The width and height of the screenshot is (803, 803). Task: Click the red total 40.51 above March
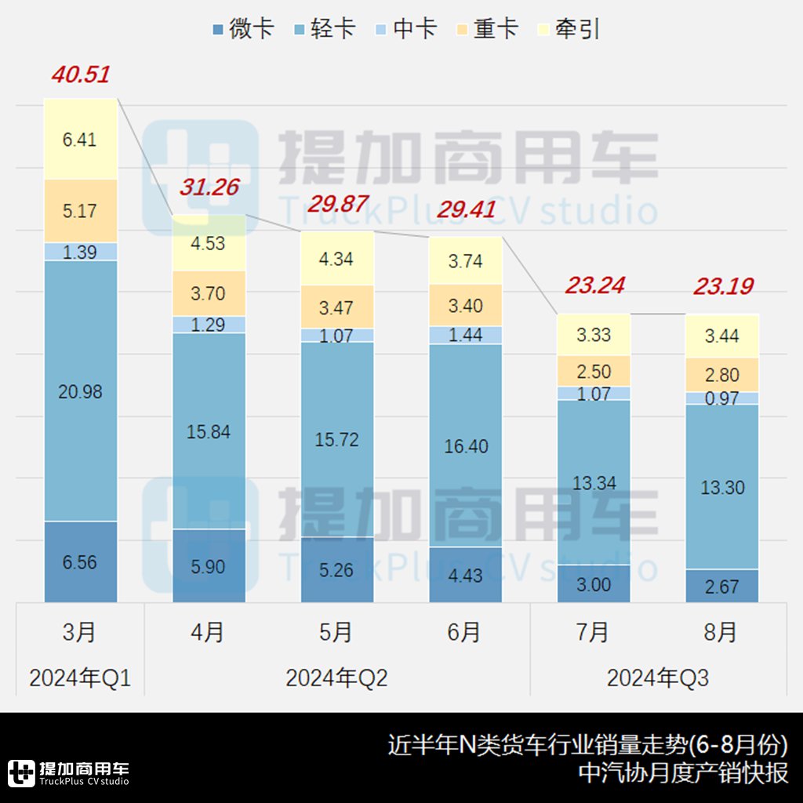tap(80, 75)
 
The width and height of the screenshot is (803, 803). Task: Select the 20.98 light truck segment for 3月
tap(80, 391)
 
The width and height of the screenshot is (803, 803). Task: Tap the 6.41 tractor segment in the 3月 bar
tap(80, 140)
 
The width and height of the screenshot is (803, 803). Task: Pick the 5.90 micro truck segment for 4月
tap(209, 566)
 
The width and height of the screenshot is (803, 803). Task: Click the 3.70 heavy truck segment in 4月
tap(209, 294)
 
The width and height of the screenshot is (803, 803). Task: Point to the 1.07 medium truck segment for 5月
tap(336, 335)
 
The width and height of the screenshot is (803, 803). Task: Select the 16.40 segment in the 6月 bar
tap(465, 446)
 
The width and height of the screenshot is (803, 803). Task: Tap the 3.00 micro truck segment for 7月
tap(594, 584)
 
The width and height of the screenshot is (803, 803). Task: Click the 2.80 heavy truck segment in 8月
tap(722, 375)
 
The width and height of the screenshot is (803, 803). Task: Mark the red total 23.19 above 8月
tap(722, 287)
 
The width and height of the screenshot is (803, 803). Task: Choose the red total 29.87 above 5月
tap(336, 204)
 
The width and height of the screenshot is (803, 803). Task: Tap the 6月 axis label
tap(465, 632)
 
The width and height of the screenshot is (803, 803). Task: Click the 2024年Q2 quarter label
tap(336, 678)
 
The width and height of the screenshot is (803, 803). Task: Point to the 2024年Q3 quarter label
tap(657, 678)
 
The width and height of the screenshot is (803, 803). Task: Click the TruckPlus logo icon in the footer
tap(21, 772)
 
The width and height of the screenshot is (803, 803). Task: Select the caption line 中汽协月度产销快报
tap(682, 773)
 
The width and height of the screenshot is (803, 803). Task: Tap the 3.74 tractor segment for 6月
tap(465, 261)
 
